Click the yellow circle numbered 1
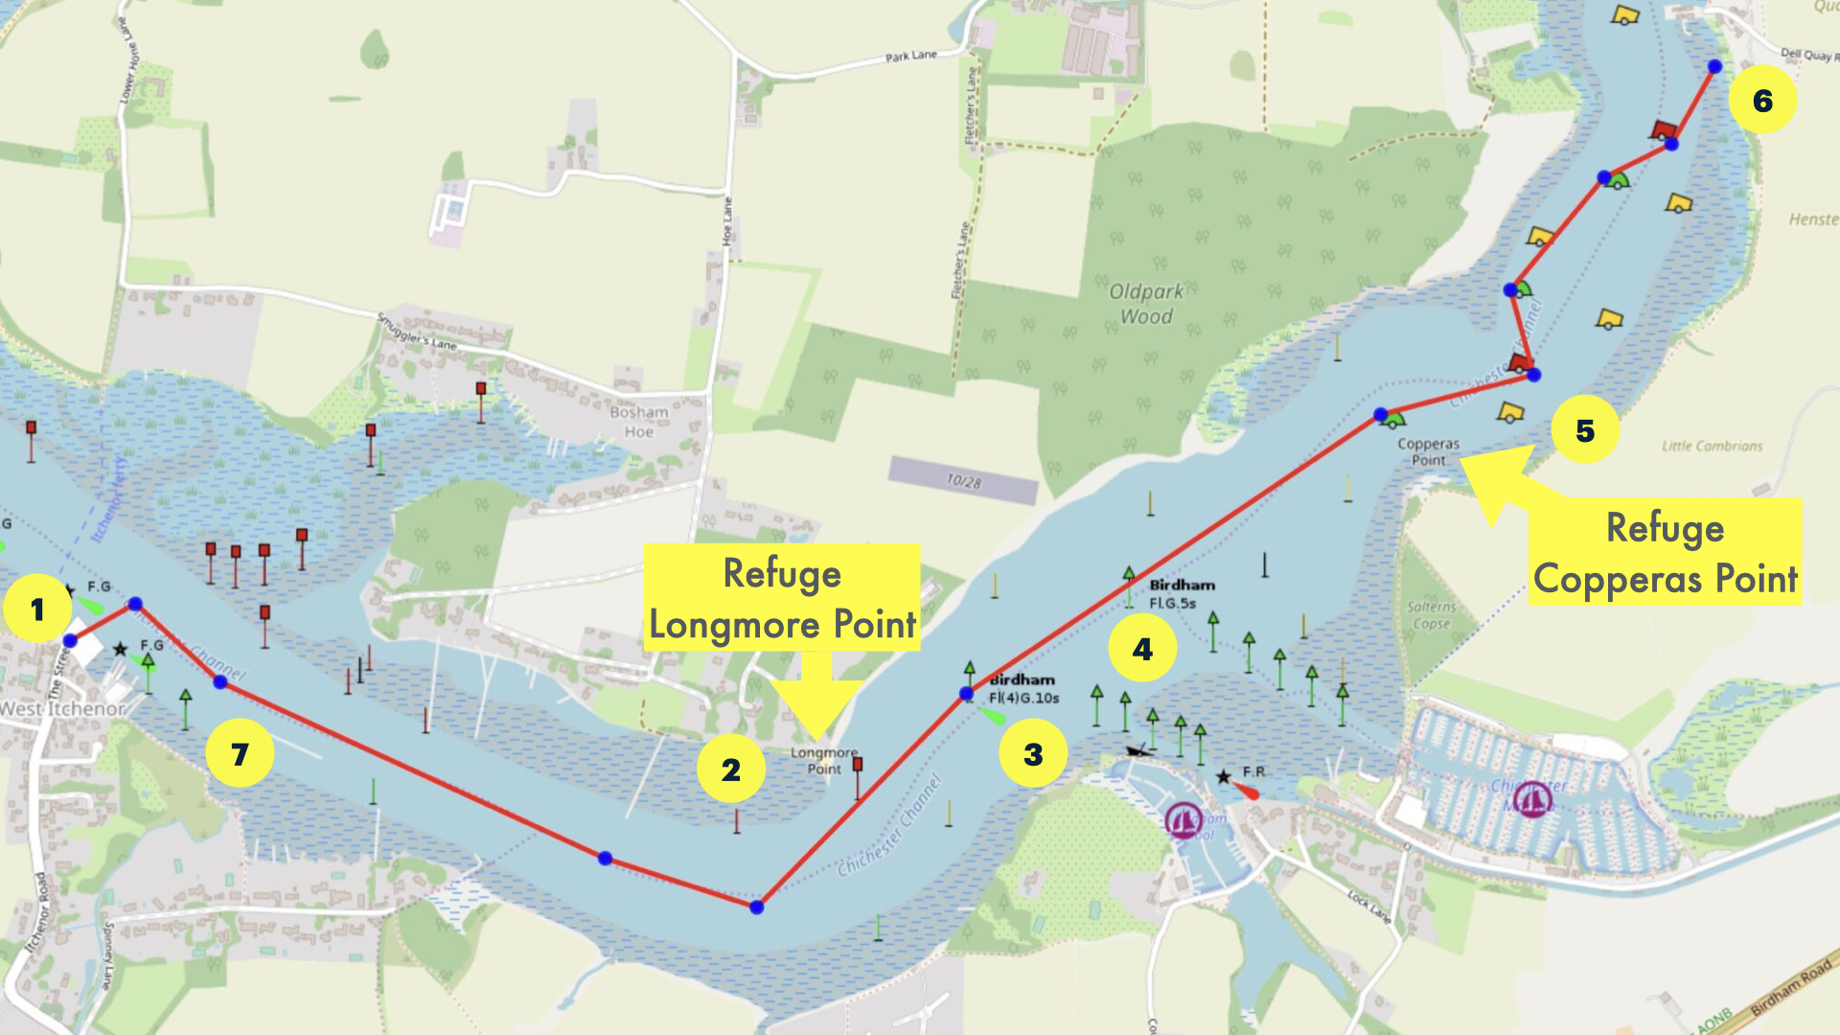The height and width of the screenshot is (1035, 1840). pyautogui.click(x=37, y=609)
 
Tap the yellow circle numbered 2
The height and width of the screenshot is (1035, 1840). pyautogui.click(x=731, y=769)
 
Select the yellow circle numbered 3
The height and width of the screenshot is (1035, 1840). pyautogui.click(x=1033, y=753)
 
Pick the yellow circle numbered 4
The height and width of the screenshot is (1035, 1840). pyautogui.click(x=1142, y=649)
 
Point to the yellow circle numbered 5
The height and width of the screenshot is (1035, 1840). pyautogui.click(x=1585, y=429)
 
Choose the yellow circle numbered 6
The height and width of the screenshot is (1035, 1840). pyautogui.click(x=1762, y=100)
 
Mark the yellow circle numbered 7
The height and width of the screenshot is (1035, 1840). pyautogui.click(x=240, y=753)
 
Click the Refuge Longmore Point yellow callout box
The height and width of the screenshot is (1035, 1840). pyautogui.click(x=782, y=598)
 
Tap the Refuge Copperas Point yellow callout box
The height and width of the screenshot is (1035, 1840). pyautogui.click(x=1665, y=552)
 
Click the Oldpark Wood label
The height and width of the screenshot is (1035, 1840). pyautogui.click(x=1146, y=304)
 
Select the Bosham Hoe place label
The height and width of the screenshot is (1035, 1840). pyautogui.click(x=639, y=422)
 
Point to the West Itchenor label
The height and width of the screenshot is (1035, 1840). pyautogui.click(x=63, y=709)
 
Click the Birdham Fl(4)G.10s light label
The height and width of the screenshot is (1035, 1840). pyautogui.click(x=1023, y=689)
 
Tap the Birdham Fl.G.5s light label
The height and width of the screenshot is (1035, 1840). pyautogui.click(x=1181, y=593)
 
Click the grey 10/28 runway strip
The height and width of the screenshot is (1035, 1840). pyautogui.click(x=963, y=480)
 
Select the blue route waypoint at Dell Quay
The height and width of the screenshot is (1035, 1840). pyautogui.click(x=1714, y=66)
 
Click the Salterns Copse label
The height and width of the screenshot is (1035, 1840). pyautogui.click(x=1431, y=615)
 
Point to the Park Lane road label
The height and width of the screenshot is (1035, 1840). pyautogui.click(x=910, y=56)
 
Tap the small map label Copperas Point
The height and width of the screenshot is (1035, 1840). pyautogui.click(x=1428, y=451)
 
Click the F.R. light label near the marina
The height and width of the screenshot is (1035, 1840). pyautogui.click(x=1253, y=771)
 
